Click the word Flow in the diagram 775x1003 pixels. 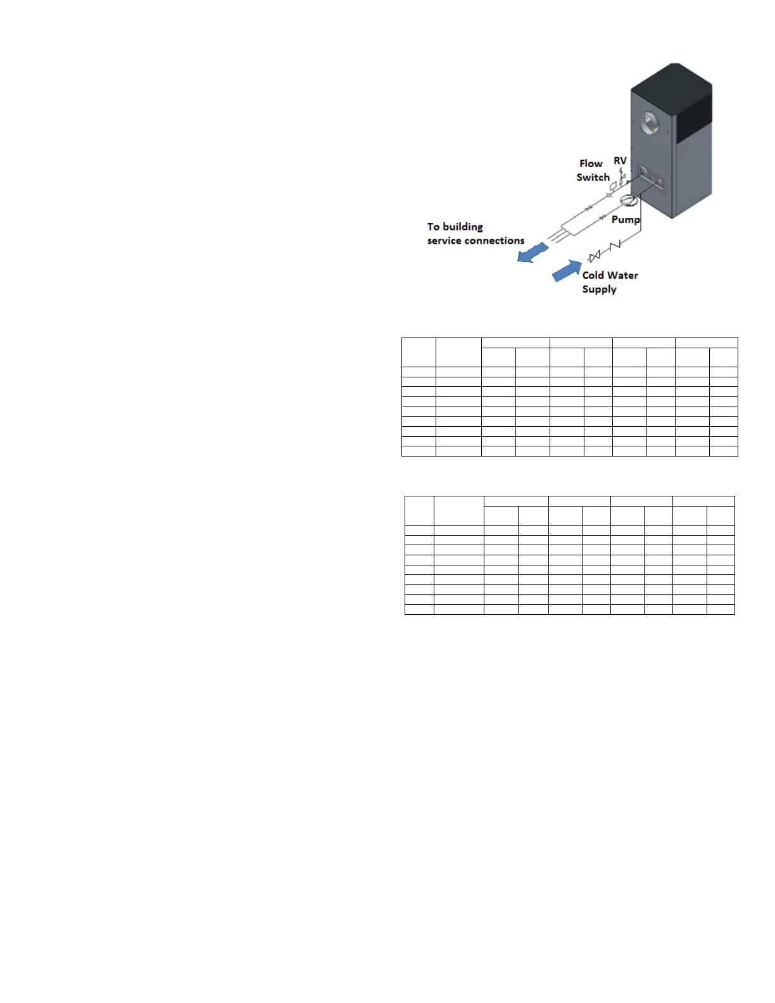(x=591, y=163)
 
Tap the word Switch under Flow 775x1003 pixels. (x=593, y=177)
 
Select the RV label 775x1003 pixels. (x=620, y=161)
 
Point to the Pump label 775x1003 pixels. (x=626, y=220)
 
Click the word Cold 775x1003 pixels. (x=593, y=275)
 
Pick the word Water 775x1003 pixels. (x=623, y=275)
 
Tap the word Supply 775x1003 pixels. (x=599, y=289)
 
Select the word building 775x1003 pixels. (x=462, y=227)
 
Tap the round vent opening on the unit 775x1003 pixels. (x=648, y=123)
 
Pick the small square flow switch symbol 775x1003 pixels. (x=613, y=186)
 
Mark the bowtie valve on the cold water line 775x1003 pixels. (x=594, y=256)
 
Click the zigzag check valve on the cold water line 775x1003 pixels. (x=614, y=245)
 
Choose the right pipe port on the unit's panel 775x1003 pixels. (x=660, y=182)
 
